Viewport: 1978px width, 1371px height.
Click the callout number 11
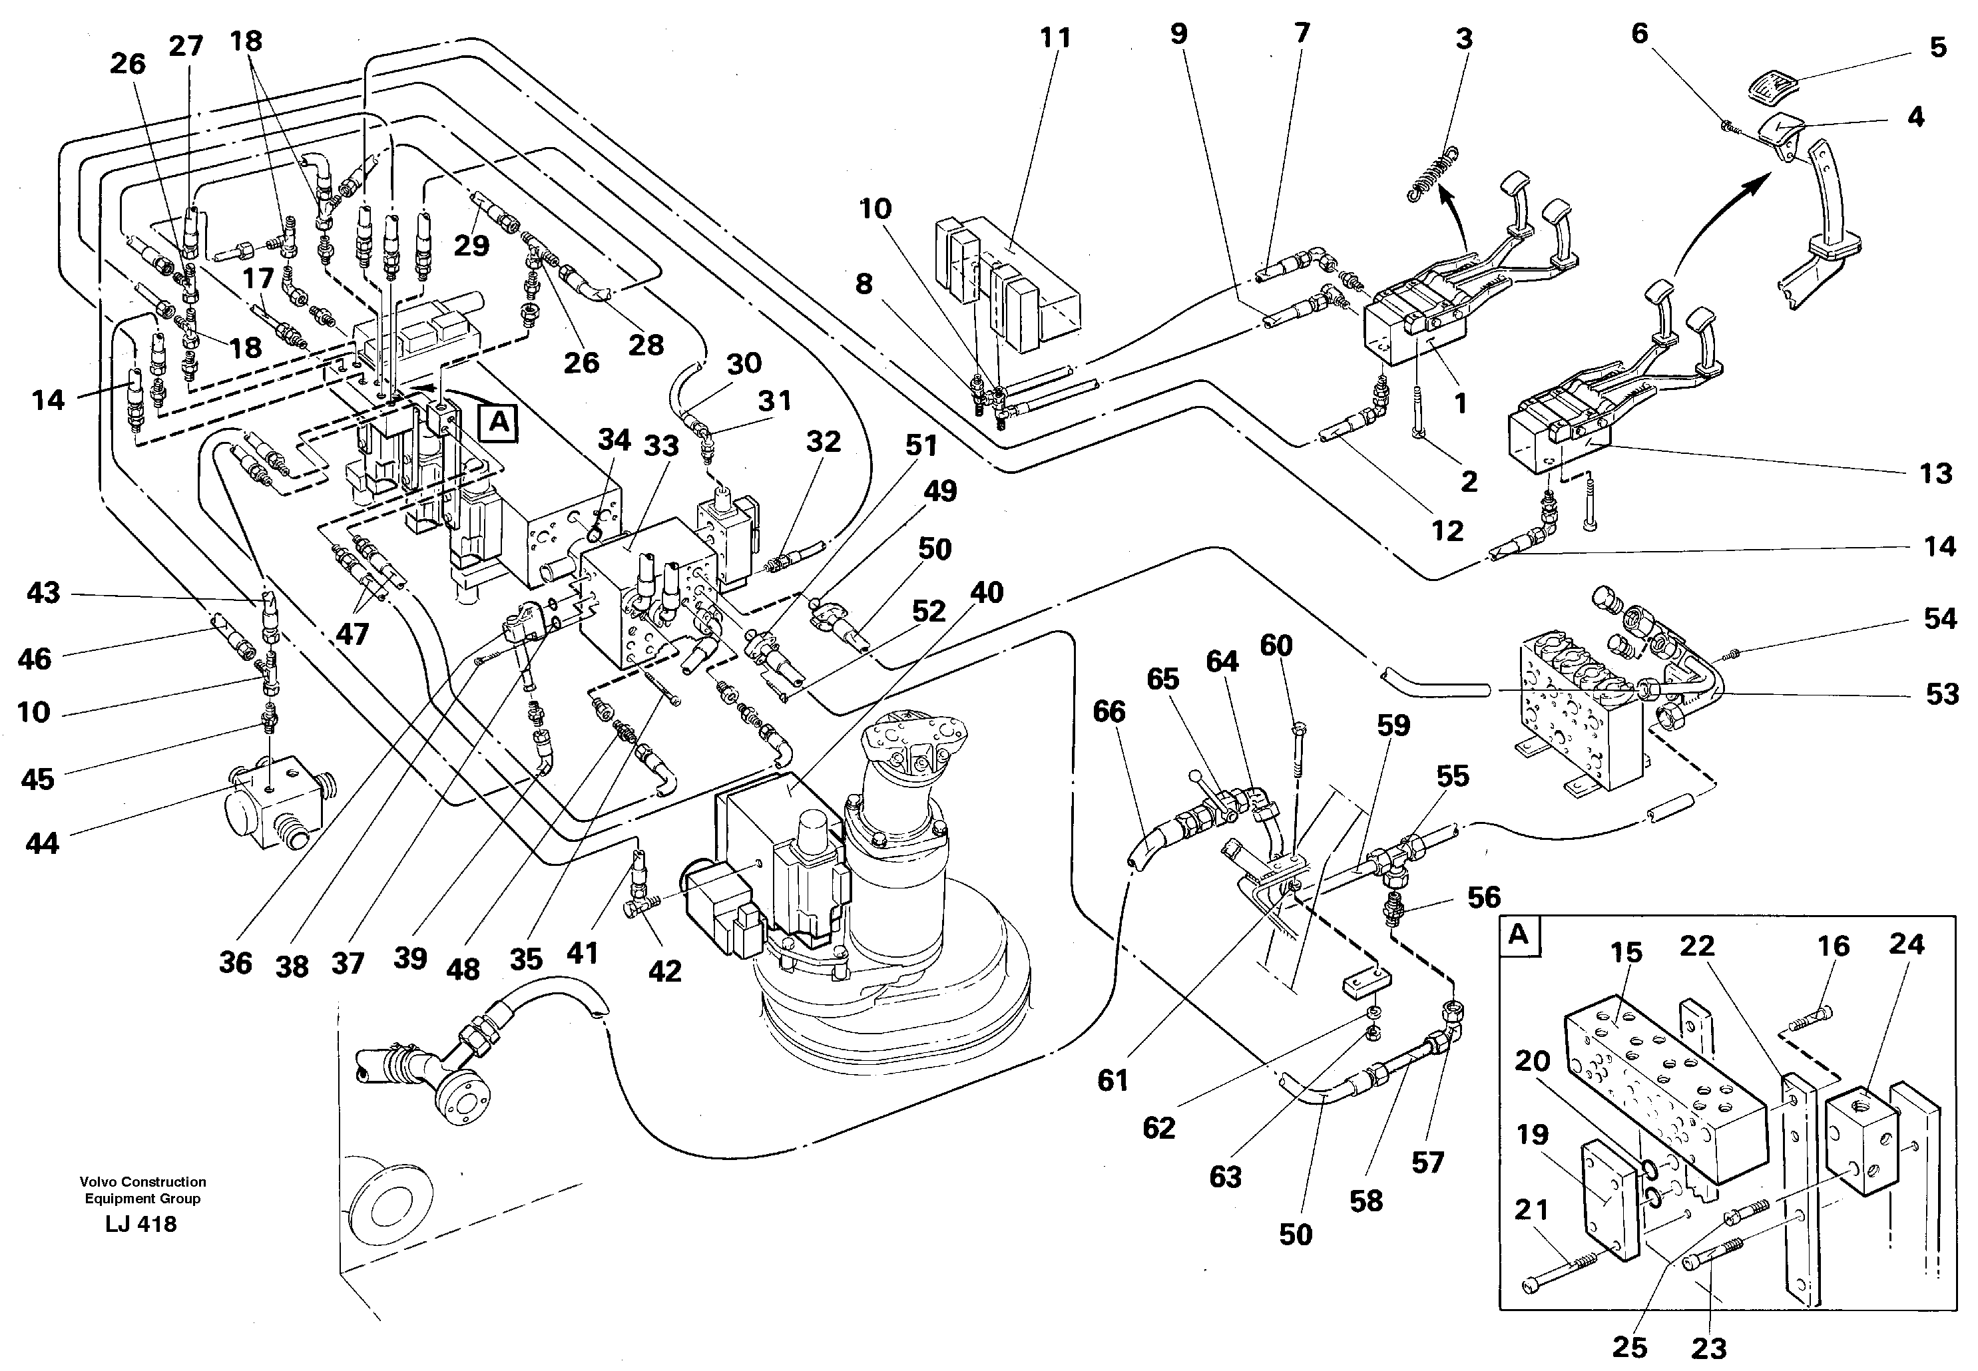[x=1055, y=39]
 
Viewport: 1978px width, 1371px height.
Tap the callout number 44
[x=41, y=843]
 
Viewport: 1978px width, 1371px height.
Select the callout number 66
[x=1109, y=711]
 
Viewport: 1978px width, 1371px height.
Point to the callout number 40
[x=987, y=593]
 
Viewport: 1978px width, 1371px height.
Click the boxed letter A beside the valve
[x=499, y=423]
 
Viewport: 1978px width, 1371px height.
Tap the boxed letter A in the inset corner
[x=1519, y=934]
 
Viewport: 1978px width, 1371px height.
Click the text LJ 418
[x=141, y=1224]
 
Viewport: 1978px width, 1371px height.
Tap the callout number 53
[x=1941, y=694]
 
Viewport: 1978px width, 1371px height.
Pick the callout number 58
[x=1365, y=1201]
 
